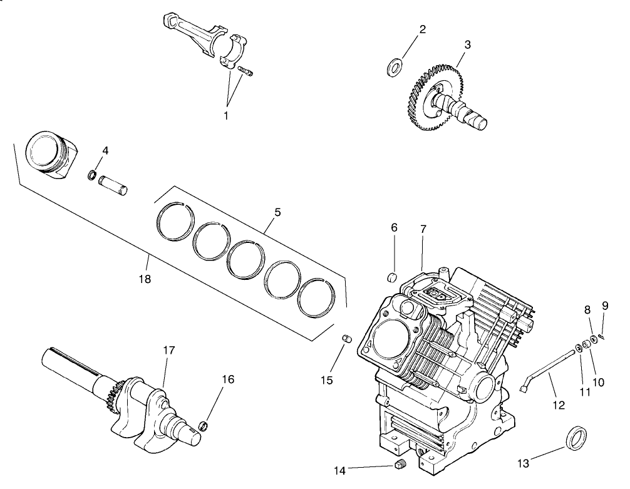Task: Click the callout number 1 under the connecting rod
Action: tap(226, 116)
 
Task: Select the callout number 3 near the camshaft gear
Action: tap(467, 44)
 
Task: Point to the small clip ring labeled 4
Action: tap(93, 175)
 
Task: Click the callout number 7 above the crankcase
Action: tap(423, 230)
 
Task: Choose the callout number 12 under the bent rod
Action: tap(559, 405)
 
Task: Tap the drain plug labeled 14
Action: tap(401, 464)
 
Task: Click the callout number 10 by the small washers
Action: tap(599, 381)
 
